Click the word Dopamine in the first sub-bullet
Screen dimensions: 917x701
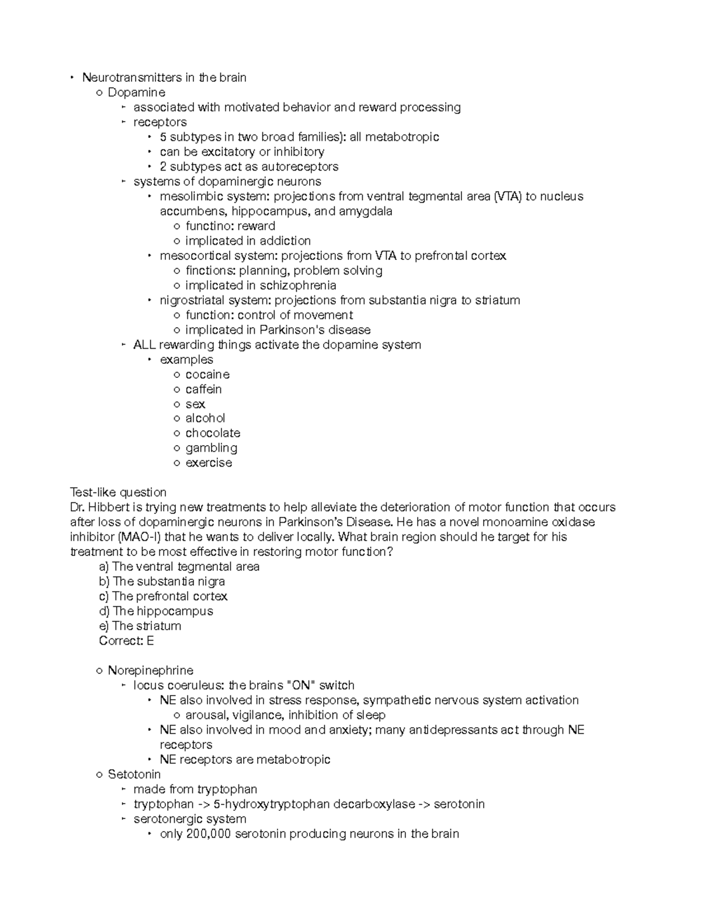pyautogui.click(x=136, y=92)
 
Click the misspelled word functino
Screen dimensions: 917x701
pyautogui.click(x=205, y=226)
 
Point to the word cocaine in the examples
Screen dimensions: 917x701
pyautogui.click(x=207, y=374)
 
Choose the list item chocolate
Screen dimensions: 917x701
pyautogui.click(x=213, y=433)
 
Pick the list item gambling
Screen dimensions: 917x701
pyautogui.click(x=211, y=448)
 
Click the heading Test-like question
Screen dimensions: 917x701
pyautogui.click(x=118, y=492)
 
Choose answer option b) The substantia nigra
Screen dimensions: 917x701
pyautogui.click(x=162, y=581)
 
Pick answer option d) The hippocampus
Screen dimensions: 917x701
pyautogui.click(x=156, y=611)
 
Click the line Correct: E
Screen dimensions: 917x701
pyautogui.click(x=126, y=641)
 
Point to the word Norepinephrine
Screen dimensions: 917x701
pyautogui.click(x=150, y=671)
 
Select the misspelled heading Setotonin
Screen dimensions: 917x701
pyautogui.click(x=134, y=774)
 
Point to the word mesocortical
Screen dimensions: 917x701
pyautogui.click(x=195, y=256)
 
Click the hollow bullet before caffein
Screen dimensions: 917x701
pyautogui.click(x=177, y=390)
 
